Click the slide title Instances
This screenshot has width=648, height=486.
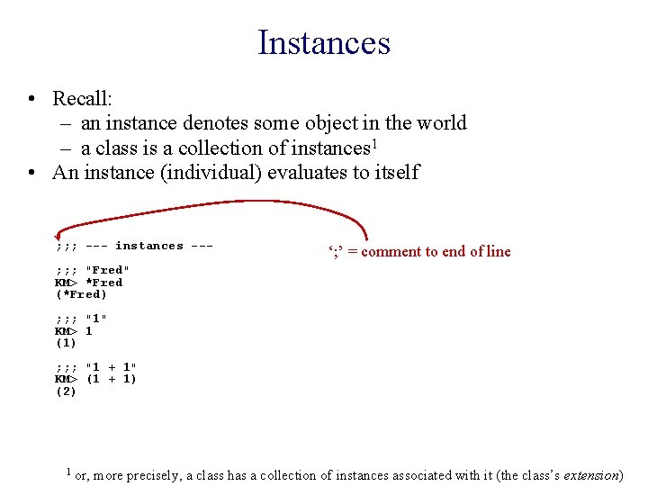click(x=323, y=42)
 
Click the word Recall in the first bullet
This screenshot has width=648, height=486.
click(x=82, y=98)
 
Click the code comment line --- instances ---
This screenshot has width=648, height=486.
click(x=135, y=246)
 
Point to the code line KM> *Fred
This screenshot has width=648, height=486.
click(x=89, y=283)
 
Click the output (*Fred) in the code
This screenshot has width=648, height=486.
click(x=81, y=294)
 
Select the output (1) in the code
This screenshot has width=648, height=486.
click(x=66, y=343)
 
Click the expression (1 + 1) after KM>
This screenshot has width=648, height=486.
click(x=111, y=379)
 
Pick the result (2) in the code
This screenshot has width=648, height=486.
click(x=66, y=391)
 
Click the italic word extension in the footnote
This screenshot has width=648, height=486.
click(x=591, y=474)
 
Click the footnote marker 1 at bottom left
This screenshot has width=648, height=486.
click(x=68, y=470)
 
